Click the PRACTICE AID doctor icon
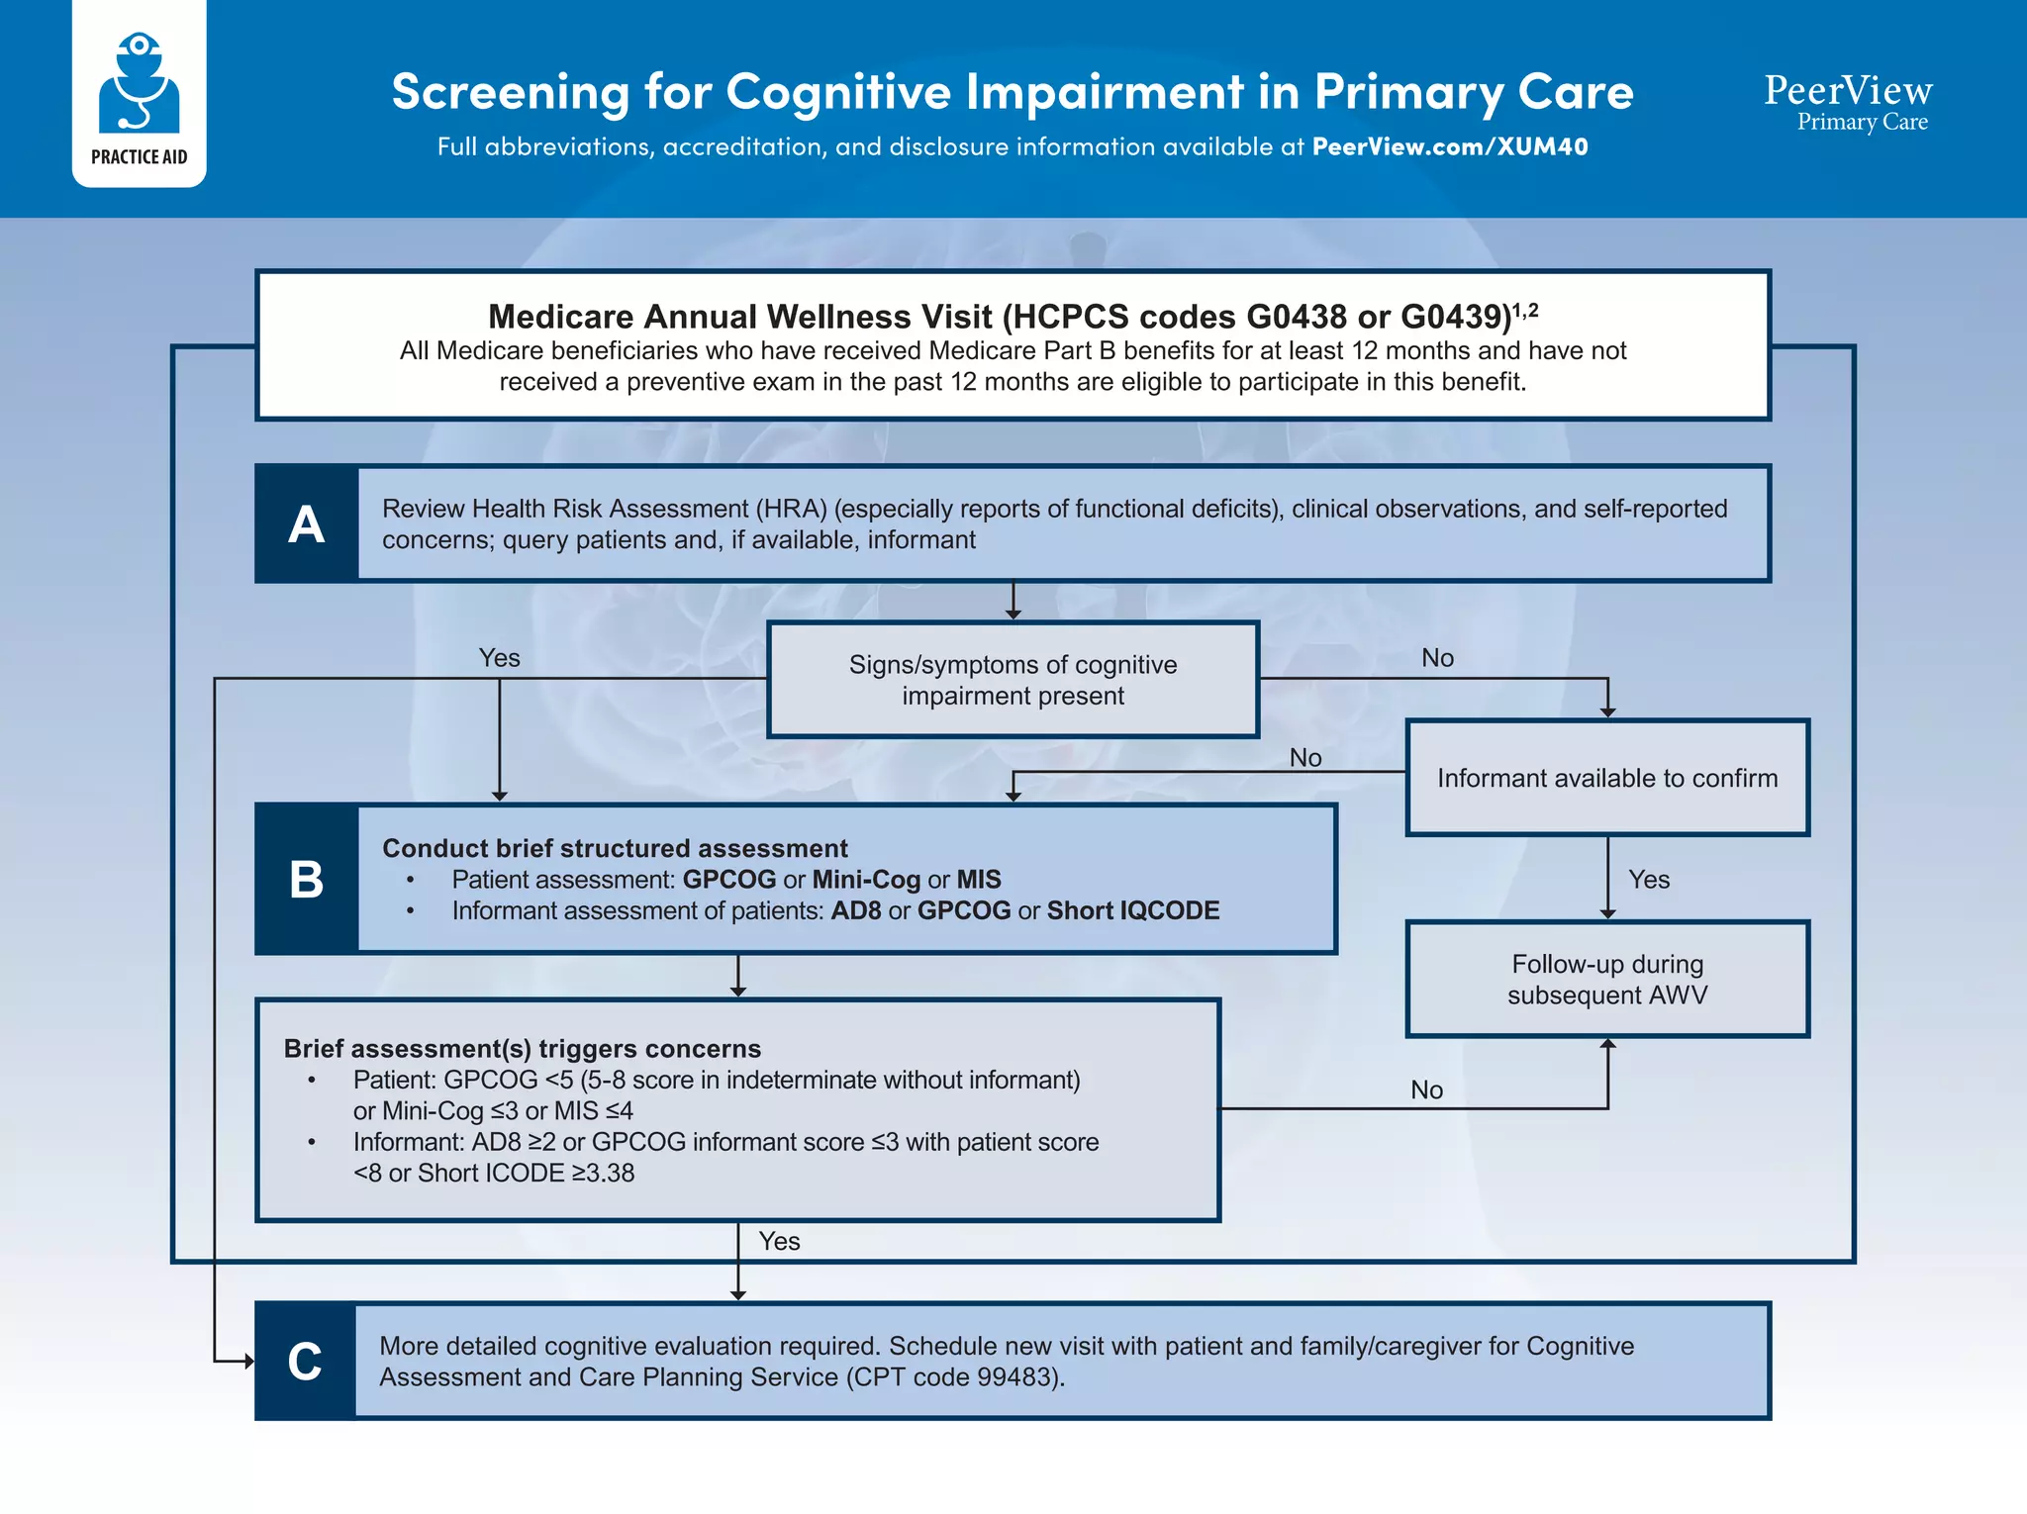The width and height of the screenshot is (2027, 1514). pos(139,83)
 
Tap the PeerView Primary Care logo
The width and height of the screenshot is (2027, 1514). pos(1847,102)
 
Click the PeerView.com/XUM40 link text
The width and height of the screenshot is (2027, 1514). pos(1449,146)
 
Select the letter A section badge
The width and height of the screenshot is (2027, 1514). pos(306,523)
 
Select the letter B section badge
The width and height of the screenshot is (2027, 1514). pos(306,879)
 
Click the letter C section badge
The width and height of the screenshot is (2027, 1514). pos(305,1361)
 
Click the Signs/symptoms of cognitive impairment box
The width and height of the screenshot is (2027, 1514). pos(1013,680)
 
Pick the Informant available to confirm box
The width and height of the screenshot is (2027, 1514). pos(1606,778)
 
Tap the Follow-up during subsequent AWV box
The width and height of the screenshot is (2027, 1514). pos(1606,979)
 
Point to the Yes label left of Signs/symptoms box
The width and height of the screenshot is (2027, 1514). pos(499,658)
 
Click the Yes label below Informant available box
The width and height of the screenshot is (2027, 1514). pos(1648,880)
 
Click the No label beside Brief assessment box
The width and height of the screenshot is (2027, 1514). pos(1426,1089)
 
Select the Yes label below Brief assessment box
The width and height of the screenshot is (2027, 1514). pos(779,1241)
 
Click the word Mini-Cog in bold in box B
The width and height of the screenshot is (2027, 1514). pos(866,880)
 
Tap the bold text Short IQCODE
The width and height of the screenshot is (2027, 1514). pos(1132,910)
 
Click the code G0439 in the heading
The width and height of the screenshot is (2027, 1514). pos(1455,317)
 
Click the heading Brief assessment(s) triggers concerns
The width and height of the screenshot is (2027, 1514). pos(522,1048)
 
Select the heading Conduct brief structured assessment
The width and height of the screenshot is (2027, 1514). pos(615,848)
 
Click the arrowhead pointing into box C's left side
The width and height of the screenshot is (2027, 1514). pos(248,1362)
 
